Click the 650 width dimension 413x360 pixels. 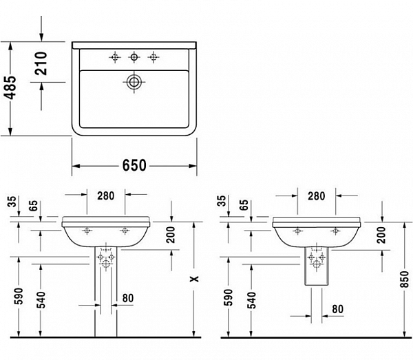coord(135,166)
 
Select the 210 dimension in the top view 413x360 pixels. coord(41,63)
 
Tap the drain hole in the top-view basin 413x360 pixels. coord(134,83)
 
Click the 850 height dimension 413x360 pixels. coord(404,279)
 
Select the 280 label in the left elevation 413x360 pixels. coord(105,196)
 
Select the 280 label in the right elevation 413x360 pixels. coord(316,196)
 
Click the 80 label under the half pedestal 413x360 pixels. coord(337,309)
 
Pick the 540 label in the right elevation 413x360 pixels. coord(252,299)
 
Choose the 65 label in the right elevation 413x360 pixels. coord(243,205)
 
